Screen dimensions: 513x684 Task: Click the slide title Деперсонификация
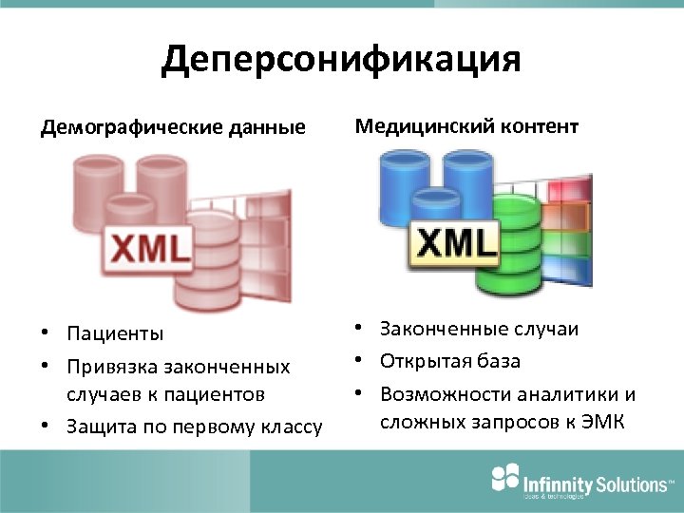coord(341,60)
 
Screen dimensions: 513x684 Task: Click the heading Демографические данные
coord(173,127)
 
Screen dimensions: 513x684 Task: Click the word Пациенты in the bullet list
coord(114,333)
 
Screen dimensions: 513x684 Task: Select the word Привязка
coord(116,366)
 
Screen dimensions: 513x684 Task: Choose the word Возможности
coord(445,393)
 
